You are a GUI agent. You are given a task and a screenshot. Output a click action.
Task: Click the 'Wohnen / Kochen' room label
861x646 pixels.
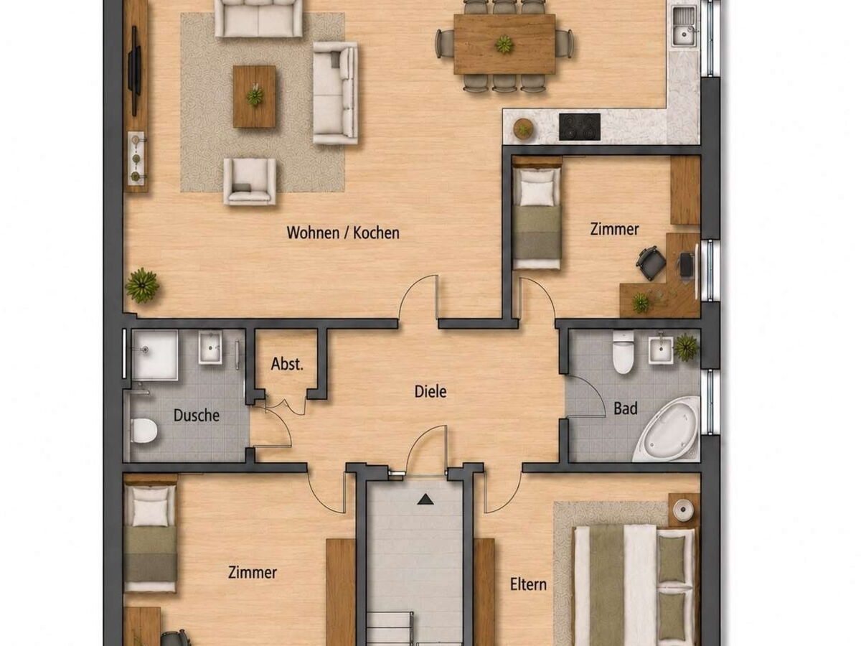tap(343, 233)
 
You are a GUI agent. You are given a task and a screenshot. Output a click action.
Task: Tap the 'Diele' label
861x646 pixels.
tap(430, 391)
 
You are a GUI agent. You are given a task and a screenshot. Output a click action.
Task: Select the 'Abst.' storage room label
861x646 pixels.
tap(287, 364)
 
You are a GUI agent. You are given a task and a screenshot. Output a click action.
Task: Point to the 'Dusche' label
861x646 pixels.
tap(196, 416)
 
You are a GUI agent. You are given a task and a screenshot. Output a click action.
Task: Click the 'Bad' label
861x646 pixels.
tap(625, 408)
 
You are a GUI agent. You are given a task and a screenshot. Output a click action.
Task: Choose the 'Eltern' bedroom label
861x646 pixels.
tap(528, 584)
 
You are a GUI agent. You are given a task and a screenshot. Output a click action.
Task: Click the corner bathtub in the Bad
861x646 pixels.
tap(667, 429)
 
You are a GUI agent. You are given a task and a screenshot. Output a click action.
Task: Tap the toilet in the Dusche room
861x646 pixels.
tap(143, 430)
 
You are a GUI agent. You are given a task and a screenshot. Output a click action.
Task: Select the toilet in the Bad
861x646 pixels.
tap(623, 352)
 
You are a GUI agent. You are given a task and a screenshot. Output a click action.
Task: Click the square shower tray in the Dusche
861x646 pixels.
tap(154, 355)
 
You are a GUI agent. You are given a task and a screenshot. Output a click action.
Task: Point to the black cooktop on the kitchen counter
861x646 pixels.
tap(579, 127)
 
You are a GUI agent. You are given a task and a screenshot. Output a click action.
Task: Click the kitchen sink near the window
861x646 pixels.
tap(684, 27)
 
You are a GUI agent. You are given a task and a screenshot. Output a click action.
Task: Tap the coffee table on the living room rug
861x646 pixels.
tap(254, 96)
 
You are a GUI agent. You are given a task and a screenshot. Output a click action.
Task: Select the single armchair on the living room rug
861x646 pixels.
tap(250, 181)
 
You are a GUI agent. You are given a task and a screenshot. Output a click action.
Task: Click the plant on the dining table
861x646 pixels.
tap(504, 44)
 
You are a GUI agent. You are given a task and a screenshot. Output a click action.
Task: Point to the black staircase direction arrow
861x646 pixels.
tap(425, 500)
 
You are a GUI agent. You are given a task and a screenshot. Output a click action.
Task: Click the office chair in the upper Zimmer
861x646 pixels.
tap(651, 263)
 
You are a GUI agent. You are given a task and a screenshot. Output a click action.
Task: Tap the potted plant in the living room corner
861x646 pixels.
tap(142, 285)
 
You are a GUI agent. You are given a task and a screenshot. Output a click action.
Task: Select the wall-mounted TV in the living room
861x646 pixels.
tap(135, 70)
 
